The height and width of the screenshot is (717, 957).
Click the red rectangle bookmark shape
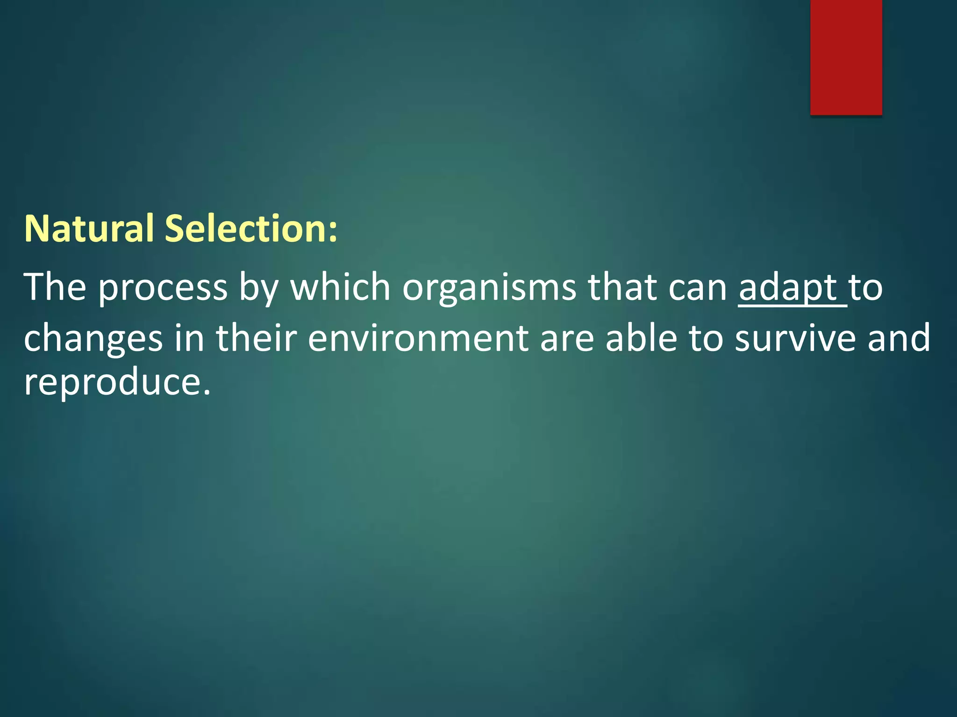(846, 57)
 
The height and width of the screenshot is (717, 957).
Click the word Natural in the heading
(89, 229)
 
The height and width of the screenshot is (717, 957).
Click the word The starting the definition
(55, 287)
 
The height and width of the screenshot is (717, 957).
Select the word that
(622, 287)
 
